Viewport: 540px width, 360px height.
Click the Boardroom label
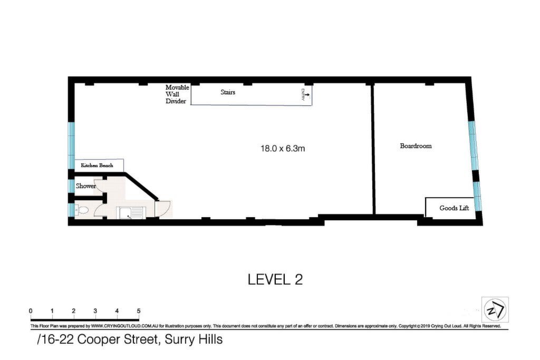pyautogui.click(x=416, y=146)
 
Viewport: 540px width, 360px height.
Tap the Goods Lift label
pyautogui.click(x=454, y=208)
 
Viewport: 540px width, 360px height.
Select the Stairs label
pyautogui.click(x=228, y=92)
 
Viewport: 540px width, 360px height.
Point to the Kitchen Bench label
pyautogui.click(x=97, y=165)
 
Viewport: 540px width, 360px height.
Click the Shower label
pyautogui.click(x=86, y=186)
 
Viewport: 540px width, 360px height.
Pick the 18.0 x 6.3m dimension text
pyautogui.click(x=283, y=148)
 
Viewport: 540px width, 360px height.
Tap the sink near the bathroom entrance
pyautogui.click(x=131, y=213)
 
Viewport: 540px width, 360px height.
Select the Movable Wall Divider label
pyautogui.click(x=177, y=94)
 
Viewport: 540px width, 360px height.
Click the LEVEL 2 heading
pyautogui.click(x=275, y=279)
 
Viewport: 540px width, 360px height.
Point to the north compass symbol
pyautogui.click(x=495, y=309)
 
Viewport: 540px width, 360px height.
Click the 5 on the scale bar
pyautogui.click(x=139, y=311)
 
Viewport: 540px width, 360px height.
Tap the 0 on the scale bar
pyautogui.click(x=31, y=311)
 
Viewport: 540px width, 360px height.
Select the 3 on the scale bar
pyautogui.click(x=95, y=311)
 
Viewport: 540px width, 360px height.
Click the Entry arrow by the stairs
pyautogui.click(x=307, y=94)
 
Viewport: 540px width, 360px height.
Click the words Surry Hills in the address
pyautogui.click(x=194, y=339)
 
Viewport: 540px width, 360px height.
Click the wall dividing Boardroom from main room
pyautogui.click(x=373, y=149)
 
